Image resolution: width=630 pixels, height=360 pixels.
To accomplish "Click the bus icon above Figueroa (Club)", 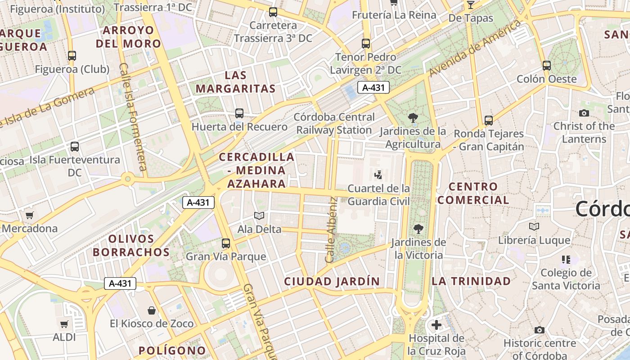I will point(72,56).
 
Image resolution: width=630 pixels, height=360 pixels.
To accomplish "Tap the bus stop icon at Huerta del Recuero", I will point(239,113).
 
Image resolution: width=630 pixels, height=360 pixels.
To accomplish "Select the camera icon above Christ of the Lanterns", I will point(584,113).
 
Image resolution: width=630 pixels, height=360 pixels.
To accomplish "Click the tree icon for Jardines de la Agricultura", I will point(413,118).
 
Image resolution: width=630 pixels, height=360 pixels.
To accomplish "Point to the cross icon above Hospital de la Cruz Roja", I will point(436,324).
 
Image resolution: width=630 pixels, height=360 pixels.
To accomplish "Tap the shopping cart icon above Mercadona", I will point(30,215).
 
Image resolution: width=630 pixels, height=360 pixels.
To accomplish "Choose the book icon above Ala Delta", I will point(259,216).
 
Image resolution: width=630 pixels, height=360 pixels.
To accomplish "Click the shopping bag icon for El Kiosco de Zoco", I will point(152,310).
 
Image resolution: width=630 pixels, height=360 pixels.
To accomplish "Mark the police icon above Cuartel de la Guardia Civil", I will point(378,175).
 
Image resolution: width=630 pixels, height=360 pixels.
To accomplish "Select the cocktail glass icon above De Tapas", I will point(471,5).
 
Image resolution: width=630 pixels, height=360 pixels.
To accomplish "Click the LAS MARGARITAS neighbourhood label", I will point(235,82).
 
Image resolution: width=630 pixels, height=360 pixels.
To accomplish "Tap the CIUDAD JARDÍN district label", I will point(332,282).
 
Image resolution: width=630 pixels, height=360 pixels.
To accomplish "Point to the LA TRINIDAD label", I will point(471,281).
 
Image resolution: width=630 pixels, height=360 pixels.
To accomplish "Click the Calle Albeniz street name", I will point(331,229).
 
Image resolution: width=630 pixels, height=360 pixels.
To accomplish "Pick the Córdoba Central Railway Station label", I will point(334,123).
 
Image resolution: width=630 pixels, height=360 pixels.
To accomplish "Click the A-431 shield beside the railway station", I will point(373,87).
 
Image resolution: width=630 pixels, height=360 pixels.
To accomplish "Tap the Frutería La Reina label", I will point(394,15).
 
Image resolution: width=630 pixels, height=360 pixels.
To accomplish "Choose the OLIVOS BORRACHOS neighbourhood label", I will point(131,245).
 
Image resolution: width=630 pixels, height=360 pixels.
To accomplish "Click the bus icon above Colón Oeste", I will point(547,66).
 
